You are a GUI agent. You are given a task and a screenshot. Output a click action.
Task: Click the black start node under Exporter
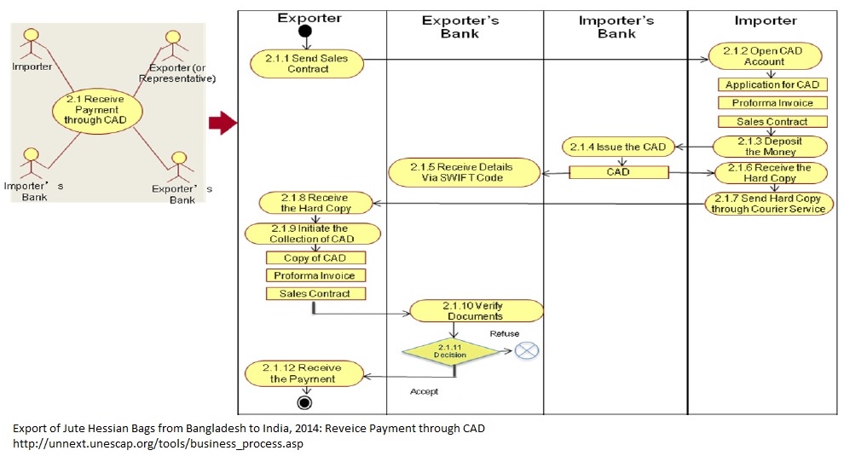click(305, 32)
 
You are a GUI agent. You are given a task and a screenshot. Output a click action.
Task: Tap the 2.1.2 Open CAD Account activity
click(755, 56)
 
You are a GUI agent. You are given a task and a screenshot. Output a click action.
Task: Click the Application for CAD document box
click(772, 84)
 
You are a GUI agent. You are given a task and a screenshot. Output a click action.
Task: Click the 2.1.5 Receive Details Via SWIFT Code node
click(463, 171)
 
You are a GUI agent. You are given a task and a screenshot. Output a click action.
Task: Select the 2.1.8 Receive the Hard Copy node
click(315, 203)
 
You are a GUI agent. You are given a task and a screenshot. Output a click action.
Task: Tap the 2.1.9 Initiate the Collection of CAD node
click(312, 234)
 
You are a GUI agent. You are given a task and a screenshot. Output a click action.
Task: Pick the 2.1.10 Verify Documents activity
click(477, 310)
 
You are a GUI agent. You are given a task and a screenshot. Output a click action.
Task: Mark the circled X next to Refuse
click(527, 349)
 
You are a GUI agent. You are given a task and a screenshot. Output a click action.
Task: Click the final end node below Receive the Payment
click(304, 402)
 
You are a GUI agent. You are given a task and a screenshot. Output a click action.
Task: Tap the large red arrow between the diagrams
click(223, 124)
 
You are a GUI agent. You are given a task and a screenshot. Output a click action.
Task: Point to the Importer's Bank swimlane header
click(616, 27)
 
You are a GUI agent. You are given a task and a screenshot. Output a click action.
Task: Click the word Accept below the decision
click(424, 391)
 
